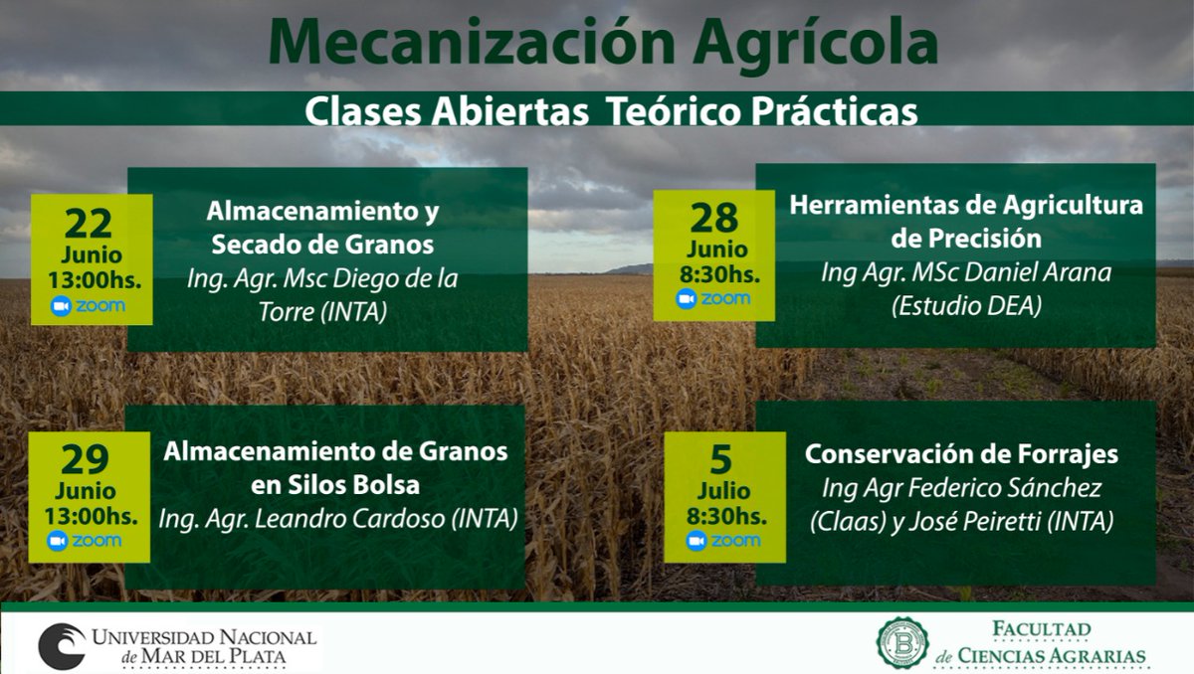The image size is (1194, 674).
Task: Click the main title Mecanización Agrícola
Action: [603, 43]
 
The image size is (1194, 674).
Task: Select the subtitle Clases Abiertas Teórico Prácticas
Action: [610, 110]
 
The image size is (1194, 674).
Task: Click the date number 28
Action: [713, 217]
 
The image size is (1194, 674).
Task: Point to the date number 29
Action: [85, 460]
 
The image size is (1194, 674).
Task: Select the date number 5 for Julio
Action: [720, 459]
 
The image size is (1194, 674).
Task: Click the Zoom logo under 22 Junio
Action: [88, 305]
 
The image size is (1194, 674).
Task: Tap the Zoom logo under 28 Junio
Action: [713, 299]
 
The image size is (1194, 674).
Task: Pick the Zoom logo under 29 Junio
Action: [85, 541]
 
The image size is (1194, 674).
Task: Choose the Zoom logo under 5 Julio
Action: [723, 541]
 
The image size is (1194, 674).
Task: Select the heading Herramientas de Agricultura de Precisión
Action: [965, 222]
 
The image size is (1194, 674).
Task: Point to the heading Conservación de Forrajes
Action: [961, 454]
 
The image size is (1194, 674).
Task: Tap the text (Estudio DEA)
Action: [965, 307]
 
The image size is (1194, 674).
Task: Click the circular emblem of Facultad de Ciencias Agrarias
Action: [901, 642]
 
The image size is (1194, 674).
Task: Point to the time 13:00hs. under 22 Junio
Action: [94, 279]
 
